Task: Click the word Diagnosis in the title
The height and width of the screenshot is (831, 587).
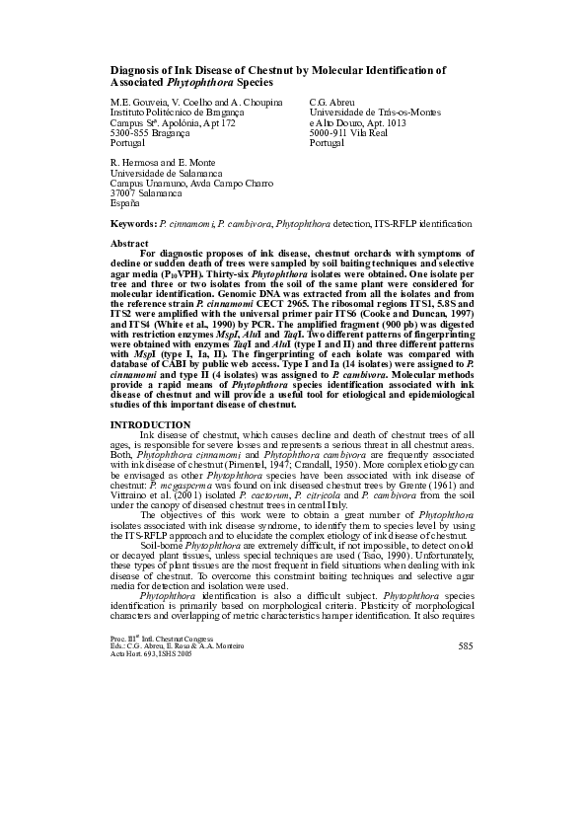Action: click(132, 71)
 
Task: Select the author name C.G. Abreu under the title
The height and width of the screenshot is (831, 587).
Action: click(332, 103)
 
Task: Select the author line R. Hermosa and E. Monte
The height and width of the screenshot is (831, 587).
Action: click(161, 163)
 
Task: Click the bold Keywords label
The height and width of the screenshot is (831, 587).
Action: click(132, 225)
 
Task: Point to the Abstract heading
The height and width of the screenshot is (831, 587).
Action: click(130, 243)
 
